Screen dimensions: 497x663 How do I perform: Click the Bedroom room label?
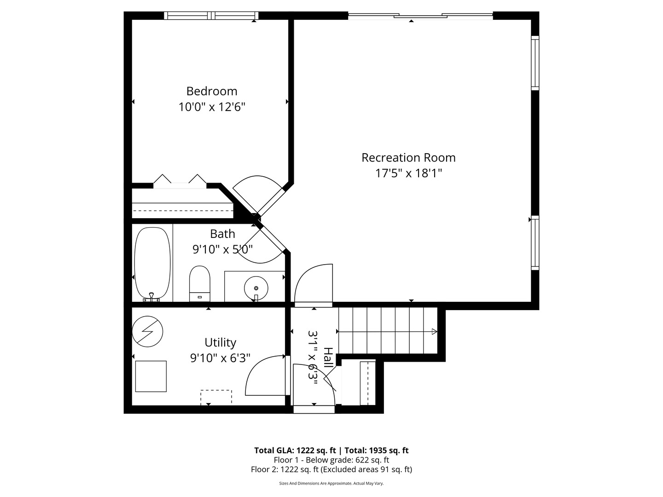tap(212, 91)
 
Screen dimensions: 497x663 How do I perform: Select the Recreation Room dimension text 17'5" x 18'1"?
tap(408, 173)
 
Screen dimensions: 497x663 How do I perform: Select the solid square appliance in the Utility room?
tap(151, 376)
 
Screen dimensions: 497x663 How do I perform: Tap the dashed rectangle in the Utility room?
tap(216, 397)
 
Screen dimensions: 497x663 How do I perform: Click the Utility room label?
tap(220, 342)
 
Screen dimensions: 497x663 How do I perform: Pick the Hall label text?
tap(327, 357)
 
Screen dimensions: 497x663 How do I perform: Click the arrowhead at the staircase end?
tap(434, 331)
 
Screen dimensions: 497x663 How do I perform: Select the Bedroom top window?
tap(211, 16)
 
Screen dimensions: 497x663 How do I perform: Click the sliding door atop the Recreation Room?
tap(420, 17)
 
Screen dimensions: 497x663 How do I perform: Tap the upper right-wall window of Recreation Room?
tap(535, 63)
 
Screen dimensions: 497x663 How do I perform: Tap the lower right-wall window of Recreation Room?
tap(535, 243)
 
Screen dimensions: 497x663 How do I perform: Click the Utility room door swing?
tap(265, 376)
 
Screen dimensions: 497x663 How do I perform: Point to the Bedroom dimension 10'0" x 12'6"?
tap(212, 107)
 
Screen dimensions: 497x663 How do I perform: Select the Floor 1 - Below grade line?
tap(331, 460)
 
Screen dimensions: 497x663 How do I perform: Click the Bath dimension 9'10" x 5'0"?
tap(222, 249)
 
